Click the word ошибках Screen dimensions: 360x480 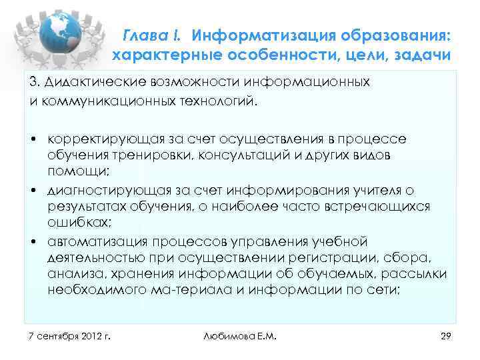(74, 222)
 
